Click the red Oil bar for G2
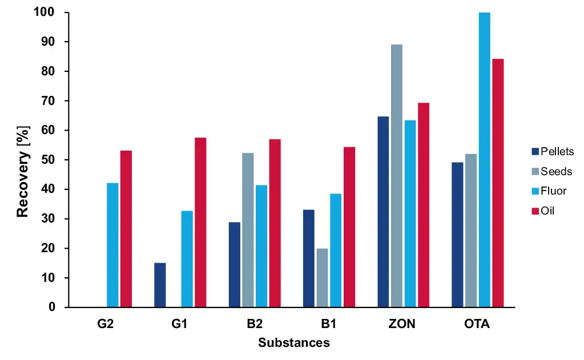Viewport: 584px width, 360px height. (126, 229)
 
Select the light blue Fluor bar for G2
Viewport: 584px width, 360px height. (112, 245)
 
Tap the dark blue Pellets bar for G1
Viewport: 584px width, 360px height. (160, 285)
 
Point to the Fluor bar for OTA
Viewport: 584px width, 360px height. (484, 160)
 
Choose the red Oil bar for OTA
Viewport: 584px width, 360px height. (498, 183)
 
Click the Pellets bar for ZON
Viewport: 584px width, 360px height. (383, 212)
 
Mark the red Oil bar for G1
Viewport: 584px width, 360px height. (200, 222)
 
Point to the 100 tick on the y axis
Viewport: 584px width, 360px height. (46, 13)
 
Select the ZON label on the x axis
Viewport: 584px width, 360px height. (402, 324)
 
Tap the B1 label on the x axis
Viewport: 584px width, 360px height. (328, 324)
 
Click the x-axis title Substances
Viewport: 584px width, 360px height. (293, 343)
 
